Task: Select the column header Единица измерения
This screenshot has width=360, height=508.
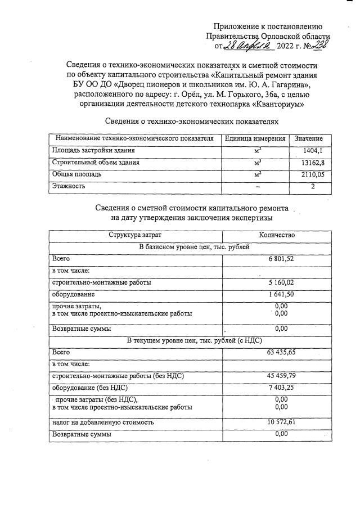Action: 255,139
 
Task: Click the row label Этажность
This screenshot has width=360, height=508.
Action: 69,186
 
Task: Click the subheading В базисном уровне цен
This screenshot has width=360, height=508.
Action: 190,247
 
